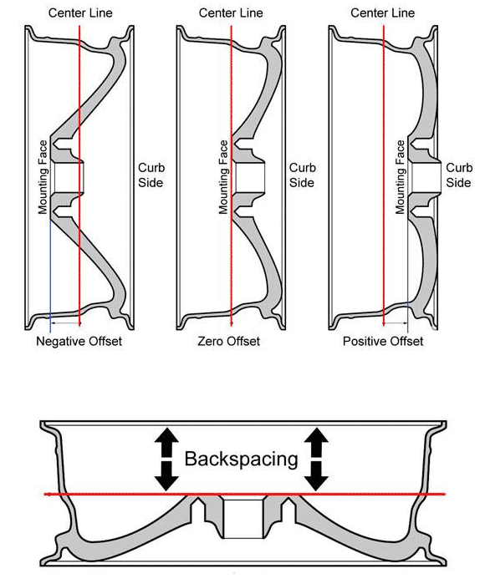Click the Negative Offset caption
point(79,341)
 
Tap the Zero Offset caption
point(229,341)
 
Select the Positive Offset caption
point(383,341)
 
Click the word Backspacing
point(241,460)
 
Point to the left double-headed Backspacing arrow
point(166,459)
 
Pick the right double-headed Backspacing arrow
point(316,459)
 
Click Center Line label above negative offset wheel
point(80,13)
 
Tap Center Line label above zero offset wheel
point(231,13)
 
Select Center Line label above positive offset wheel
point(382,13)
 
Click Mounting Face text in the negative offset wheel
point(43,177)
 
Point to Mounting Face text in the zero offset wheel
point(223,177)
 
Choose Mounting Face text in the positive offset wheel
point(401,177)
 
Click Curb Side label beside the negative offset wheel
point(151,175)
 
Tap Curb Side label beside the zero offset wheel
point(302,175)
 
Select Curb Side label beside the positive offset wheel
point(459,175)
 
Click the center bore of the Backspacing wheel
point(243,519)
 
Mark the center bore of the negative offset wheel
point(68,177)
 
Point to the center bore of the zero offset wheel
point(248,177)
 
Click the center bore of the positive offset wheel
point(426,177)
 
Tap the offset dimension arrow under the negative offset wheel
point(65,322)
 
